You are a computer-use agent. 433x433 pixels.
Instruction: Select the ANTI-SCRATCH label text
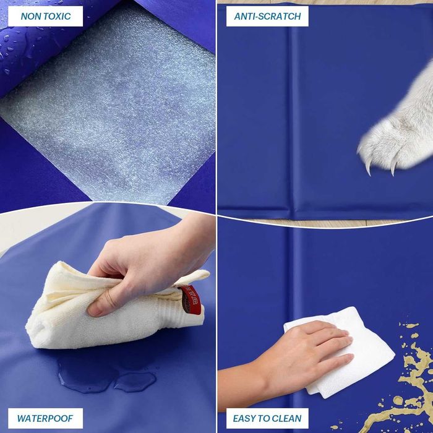point(267,16)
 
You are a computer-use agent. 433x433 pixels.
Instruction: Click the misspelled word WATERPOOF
point(45,418)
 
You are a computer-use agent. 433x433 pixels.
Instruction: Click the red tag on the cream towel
point(190,299)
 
